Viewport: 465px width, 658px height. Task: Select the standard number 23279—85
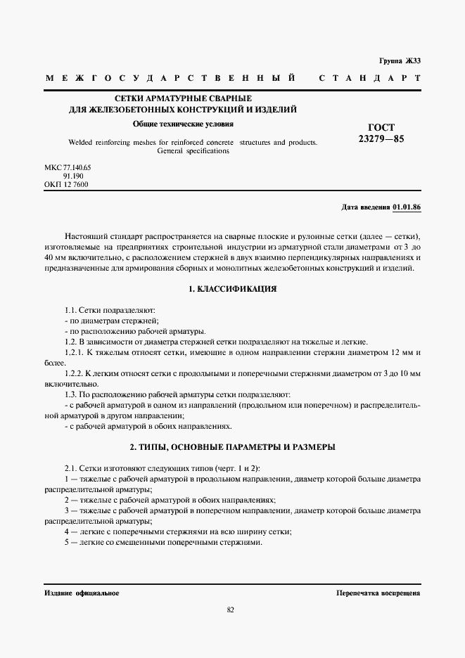pyautogui.click(x=381, y=139)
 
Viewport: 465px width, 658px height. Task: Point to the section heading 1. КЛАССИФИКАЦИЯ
pyautogui.click(x=232, y=289)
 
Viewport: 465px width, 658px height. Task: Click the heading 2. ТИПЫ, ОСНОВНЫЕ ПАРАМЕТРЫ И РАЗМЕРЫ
pyautogui.click(x=232, y=446)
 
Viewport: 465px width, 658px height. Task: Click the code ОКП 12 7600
pyautogui.click(x=66, y=185)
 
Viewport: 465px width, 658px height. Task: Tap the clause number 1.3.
pyautogui.click(x=70, y=395)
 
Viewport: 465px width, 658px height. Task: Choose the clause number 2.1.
pyautogui.click(x=70, y=467)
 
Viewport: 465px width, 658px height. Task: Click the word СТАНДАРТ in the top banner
pyautogui.click(x=369, y=77)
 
